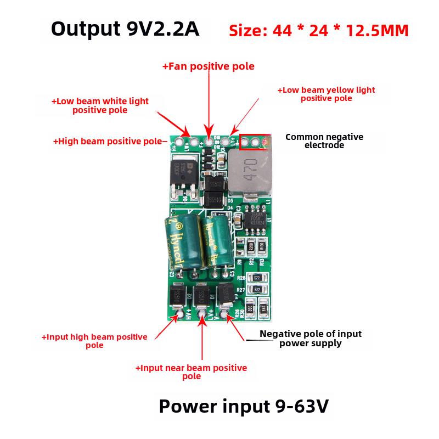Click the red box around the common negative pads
pos(255,142)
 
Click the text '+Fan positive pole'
pos(208,66)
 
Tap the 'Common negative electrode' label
pos(324,141)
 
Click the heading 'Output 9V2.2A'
pos(125,29)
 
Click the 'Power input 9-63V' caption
pos(244,407)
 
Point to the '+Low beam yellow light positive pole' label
pos(326,94)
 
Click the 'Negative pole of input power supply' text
pos(310,338)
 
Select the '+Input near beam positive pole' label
pos(191,372)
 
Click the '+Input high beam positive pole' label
pos(94,341)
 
